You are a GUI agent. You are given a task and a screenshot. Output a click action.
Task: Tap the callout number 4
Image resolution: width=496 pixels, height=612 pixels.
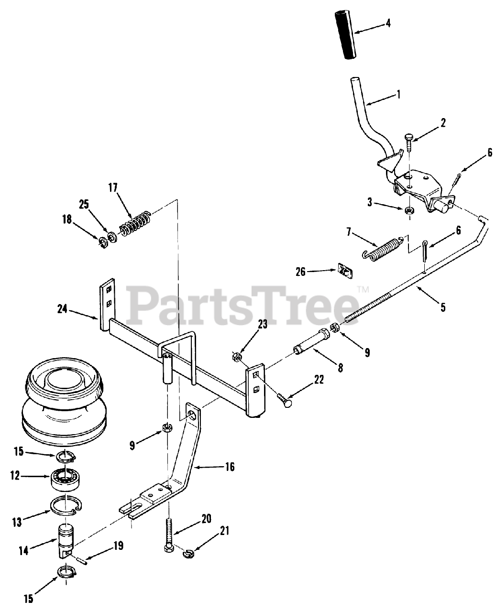coord(388,22)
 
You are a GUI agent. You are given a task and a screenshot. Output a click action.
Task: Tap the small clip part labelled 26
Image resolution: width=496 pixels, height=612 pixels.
coord(344,270)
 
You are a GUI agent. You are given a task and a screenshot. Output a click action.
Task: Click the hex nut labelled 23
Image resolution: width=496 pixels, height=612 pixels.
coord(235,356)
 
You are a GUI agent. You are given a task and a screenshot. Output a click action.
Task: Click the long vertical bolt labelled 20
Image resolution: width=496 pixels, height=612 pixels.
coord(170,534)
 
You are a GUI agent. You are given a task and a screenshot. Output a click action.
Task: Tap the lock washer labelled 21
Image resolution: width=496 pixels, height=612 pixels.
coord(187,554)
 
